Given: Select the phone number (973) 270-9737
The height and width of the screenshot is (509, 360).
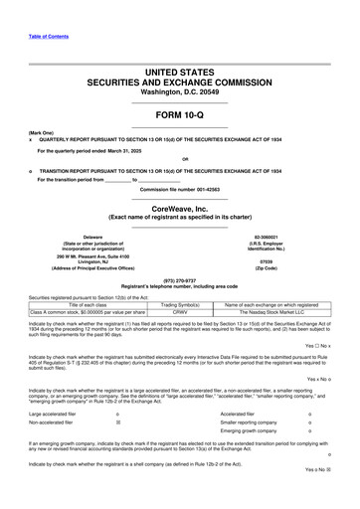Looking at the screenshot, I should coord(179,280).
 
